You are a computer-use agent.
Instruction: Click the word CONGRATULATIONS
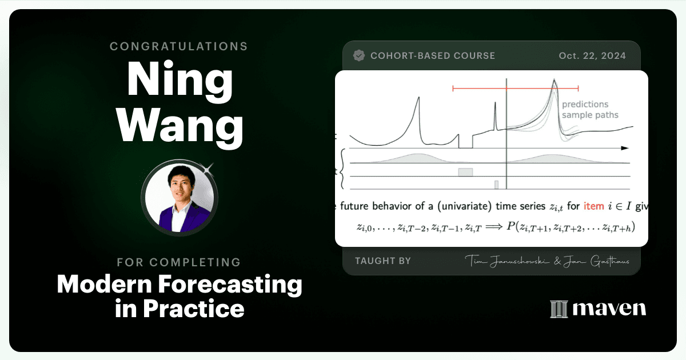pyautogui.click(x=178, y=46)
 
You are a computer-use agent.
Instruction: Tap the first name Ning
pyautogui.click(x=180, y=79)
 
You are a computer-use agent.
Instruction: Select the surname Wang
pyautogui.click(x=180, y=126)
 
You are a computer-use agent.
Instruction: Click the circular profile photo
pyautogui.click(x=179, y=198)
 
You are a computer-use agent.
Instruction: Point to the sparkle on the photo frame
pyautogui.click(x=208, y=169)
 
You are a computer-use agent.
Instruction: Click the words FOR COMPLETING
pyautogui.click(x=178, y=262)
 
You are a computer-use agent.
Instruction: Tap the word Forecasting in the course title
pyautogui.click(x=230, y=285)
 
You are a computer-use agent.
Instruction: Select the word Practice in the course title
pyautogui.click(x=194, y=309)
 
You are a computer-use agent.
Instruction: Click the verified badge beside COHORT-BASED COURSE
pyautogui.click(x=359, y=56)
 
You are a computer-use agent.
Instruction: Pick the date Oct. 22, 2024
pyautogui.click(x=592, y=56)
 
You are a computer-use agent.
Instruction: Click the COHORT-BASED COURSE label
pyautogui.click(x=433, y=56)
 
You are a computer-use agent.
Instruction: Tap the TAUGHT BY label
pyautogui.click(x=383, y=261)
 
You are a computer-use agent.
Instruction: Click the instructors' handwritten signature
pyautogui.click(x=547, y=261)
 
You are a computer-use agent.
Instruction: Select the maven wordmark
pyautogui.click(x=609, y=308)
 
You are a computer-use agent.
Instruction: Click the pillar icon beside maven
pyautogui.click(x=559, y=309)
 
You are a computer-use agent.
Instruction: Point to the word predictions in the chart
pyautogui.click(x=585, y=105)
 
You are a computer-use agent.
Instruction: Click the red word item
pyautogui.click(x=593, y=206)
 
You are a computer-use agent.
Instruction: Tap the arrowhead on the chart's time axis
pyautogui.click(x=625, y=148)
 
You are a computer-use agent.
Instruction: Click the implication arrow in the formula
pyautogui.click(x=494, y=227)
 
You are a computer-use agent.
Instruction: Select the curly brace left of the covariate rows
pyautogui.click(x=342, y=169)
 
